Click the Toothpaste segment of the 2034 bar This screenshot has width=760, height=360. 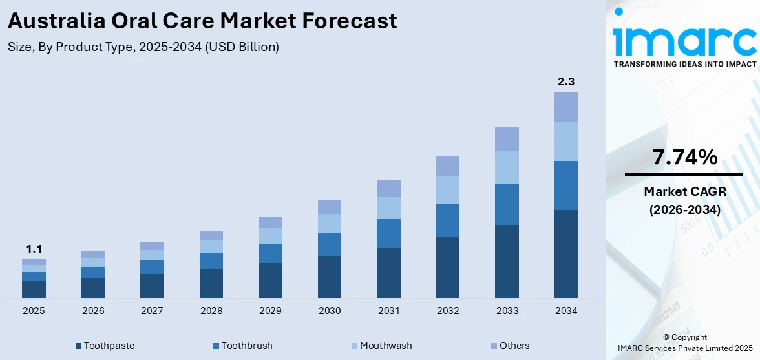565,253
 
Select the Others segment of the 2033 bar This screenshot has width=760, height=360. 507,139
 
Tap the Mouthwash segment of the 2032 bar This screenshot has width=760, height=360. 447,190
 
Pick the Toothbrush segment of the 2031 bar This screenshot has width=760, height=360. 388,233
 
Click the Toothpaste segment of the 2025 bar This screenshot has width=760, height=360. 34,289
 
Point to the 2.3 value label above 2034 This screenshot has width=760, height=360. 565,82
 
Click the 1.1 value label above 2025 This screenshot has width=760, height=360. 34,249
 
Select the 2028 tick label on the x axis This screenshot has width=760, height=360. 211,311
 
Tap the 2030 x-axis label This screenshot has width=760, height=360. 330,311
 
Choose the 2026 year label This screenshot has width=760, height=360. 93,311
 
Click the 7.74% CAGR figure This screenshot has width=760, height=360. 684,157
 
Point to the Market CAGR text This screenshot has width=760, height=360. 684,191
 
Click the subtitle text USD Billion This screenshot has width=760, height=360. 242,47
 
